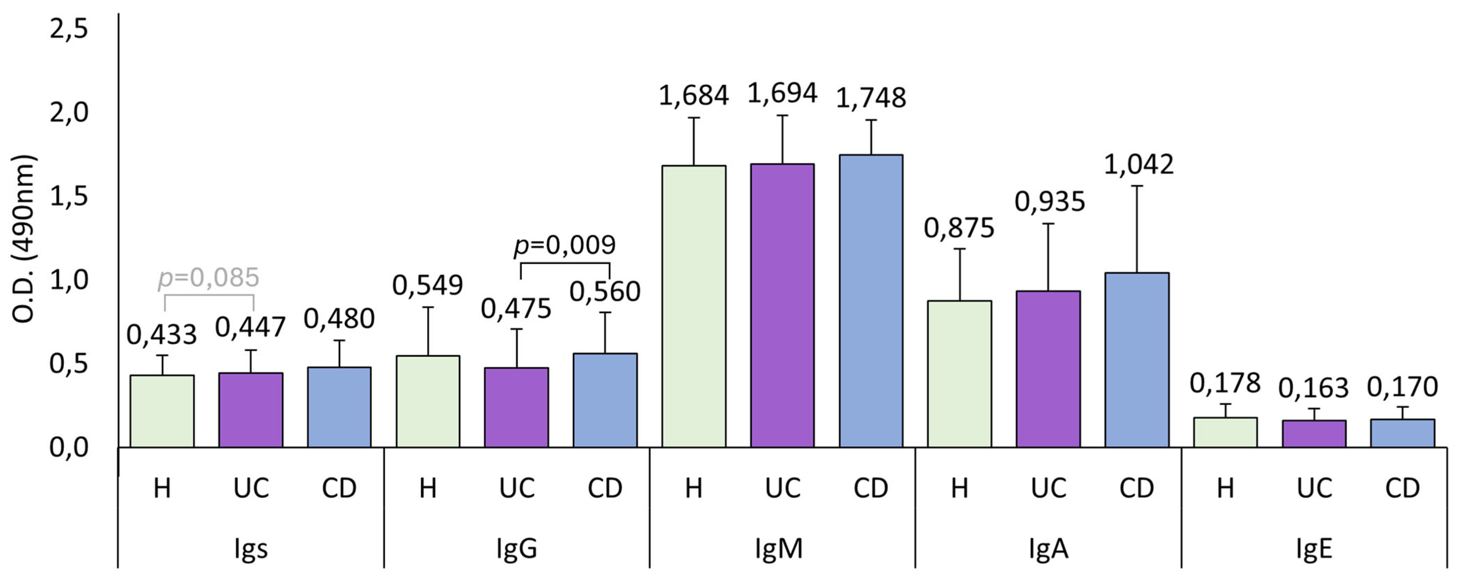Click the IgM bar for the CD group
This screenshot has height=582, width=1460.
(871, 300)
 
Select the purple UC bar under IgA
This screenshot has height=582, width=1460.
(1048, 368)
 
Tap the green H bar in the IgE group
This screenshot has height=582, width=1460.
(1225, 433)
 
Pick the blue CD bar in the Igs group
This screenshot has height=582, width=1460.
(339, 407)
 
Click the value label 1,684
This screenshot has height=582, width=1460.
(693, 95)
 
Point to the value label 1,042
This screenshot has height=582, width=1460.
(1139, 164)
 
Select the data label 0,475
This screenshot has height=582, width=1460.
(516, 309)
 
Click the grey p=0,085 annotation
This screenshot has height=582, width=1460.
(208, 278)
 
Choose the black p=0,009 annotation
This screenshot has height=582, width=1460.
(565, 245)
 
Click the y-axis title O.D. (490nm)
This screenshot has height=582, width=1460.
(24, 239)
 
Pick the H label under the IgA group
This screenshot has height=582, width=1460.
(959, 488)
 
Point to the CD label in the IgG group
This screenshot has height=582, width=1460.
(605, 488)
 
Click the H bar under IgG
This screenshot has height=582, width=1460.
(428, 401)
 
